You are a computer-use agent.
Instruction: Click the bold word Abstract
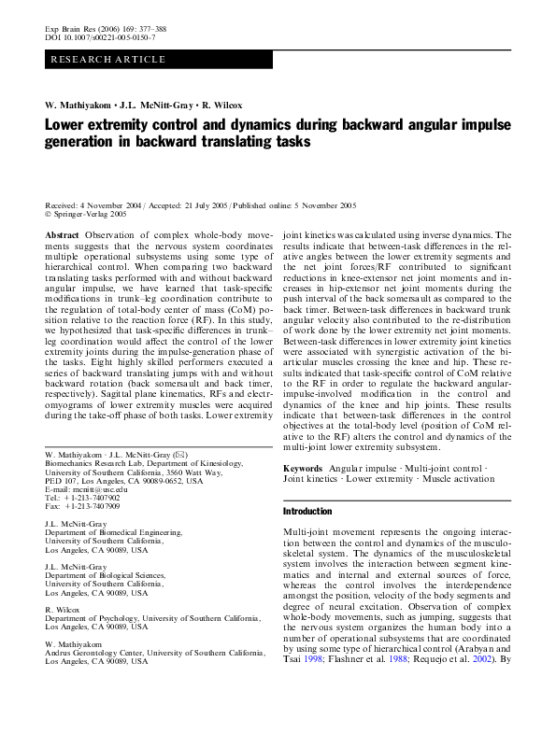[x=62, y=236]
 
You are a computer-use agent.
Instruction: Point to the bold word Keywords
[x=303, y=466]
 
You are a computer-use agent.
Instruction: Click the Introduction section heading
[x=307, y=512]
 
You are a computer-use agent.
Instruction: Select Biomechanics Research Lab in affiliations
[x=98, y=462]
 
